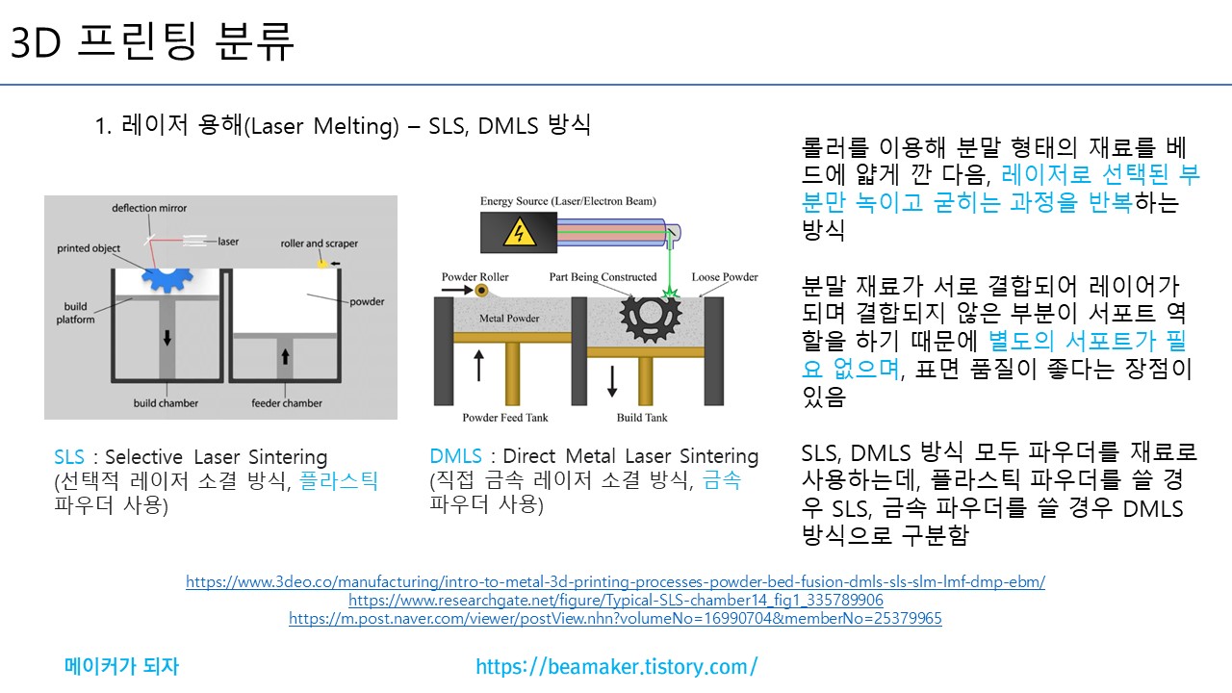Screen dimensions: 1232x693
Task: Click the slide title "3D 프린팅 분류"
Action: [x=152, y=41]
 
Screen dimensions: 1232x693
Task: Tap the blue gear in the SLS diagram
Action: [x=167, y=280]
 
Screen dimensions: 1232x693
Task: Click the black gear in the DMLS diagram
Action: [x=650, y=317]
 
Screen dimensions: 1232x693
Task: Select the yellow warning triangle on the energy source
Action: [x=519, y=232]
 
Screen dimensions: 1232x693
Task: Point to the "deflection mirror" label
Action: [x=149, y=208]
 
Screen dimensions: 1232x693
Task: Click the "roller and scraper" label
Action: [x=319, y=244]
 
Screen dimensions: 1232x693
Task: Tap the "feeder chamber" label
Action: [x=287, y=403]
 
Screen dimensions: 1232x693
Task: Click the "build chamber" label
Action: [x=166, y=403]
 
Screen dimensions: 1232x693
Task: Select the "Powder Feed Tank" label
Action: [x=505, y=418]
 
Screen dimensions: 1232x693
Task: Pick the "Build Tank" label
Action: [x=642, y=418]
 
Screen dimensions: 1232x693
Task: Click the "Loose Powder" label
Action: [x=725, y=276]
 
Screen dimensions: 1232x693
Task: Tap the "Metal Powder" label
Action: [x=509, y=318]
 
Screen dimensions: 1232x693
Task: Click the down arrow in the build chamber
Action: [x=167, y=337]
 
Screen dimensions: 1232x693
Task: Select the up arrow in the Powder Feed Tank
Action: [x=479, y=365]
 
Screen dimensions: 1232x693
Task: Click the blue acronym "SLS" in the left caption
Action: [x=69, y=457]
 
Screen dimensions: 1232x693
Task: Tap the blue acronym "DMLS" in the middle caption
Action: [x=455, y=456]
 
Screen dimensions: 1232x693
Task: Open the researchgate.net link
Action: [x=615, y=600]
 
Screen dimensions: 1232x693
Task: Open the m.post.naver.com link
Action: [x=615, y=618]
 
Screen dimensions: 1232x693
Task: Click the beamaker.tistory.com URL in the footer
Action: [x=617, y=667]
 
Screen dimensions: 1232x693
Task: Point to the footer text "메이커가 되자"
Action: [x=121, y=666]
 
